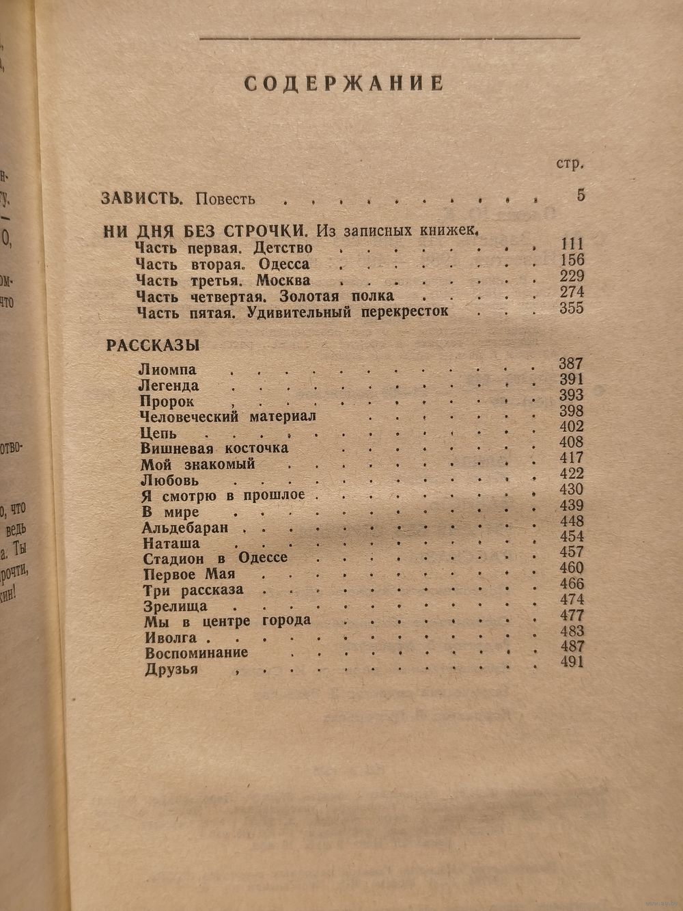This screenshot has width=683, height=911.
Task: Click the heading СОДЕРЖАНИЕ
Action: click(344, 83)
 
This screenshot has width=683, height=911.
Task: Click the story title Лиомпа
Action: click(167, 370)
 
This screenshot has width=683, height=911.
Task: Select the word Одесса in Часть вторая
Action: click(283, 264)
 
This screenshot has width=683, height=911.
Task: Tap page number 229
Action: click(570, 276)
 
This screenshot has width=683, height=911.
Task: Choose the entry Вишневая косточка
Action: click(214, 448)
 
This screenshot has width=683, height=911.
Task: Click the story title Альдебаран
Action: click(185, 528)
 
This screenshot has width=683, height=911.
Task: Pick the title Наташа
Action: click(171, 544)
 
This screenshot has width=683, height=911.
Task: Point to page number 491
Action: click(571, 662)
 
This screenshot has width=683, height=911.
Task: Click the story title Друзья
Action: click(171, 669)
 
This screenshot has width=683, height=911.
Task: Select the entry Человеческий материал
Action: click(227, 417)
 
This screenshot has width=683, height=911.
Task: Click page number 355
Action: click(571, 308)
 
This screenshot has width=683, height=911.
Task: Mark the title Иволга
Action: click(170, 638)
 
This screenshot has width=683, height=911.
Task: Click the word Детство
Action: click(285, 247)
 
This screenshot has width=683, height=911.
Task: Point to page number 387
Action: click(571, 364)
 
